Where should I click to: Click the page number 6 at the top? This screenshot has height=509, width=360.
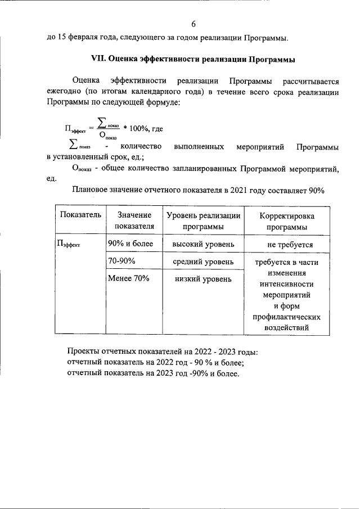[193, 24]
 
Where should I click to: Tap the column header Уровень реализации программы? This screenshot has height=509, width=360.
[204, 221]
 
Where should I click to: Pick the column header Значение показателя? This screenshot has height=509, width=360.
[134, 221]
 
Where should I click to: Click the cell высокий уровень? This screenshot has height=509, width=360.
[204, 245]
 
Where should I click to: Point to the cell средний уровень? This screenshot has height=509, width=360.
[204, 262]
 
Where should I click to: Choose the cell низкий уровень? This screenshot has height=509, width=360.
[204, 280]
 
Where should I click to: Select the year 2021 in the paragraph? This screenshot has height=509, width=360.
[238, 191]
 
